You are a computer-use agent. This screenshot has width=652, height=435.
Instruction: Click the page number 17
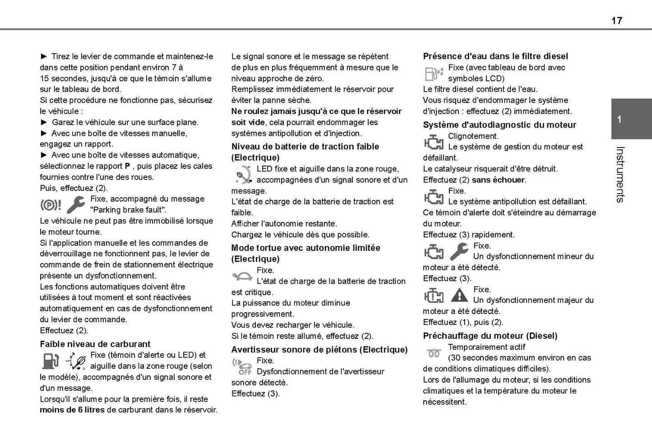point(616,20)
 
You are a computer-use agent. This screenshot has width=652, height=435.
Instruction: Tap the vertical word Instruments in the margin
point(620,174)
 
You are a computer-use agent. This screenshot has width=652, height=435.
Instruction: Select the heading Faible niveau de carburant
point(95,344)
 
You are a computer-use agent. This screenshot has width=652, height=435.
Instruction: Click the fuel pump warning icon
point(50,361)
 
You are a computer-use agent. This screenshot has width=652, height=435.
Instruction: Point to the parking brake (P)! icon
point(51,205)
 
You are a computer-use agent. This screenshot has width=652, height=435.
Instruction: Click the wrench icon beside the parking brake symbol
point(75,205)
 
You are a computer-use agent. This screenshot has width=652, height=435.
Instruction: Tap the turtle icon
point(242,275)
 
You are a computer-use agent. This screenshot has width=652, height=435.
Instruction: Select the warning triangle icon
point(459,295)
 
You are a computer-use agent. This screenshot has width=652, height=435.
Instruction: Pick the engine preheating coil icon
point(433,353)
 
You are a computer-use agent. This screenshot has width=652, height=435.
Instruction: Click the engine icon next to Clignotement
point(433,142)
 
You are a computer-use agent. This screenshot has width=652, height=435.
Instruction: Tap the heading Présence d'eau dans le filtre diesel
point(495,56)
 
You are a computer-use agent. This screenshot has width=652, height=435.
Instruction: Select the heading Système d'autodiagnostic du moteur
point(499,125)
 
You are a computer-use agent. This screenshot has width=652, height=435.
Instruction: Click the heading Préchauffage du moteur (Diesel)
point(490,336)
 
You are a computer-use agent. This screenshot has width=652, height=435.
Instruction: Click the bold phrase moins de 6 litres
point(72,410)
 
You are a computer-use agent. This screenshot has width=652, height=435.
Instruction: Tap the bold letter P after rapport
point(127,166)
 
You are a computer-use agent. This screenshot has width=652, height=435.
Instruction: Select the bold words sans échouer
point(499,180)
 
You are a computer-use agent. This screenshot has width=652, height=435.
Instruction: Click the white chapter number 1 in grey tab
point(620,120)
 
